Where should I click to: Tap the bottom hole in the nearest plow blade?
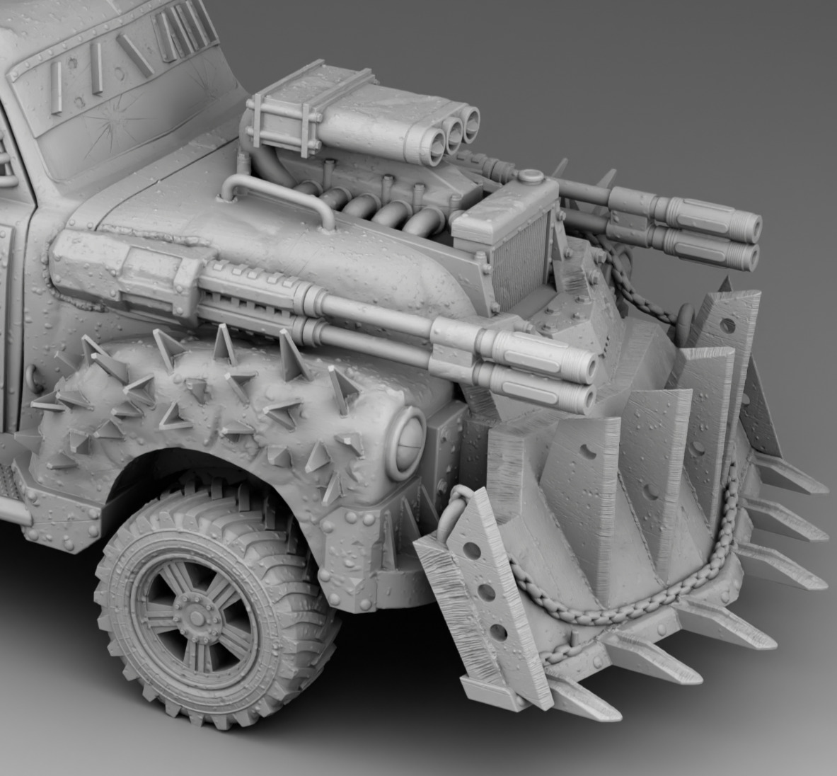point(500,631)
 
